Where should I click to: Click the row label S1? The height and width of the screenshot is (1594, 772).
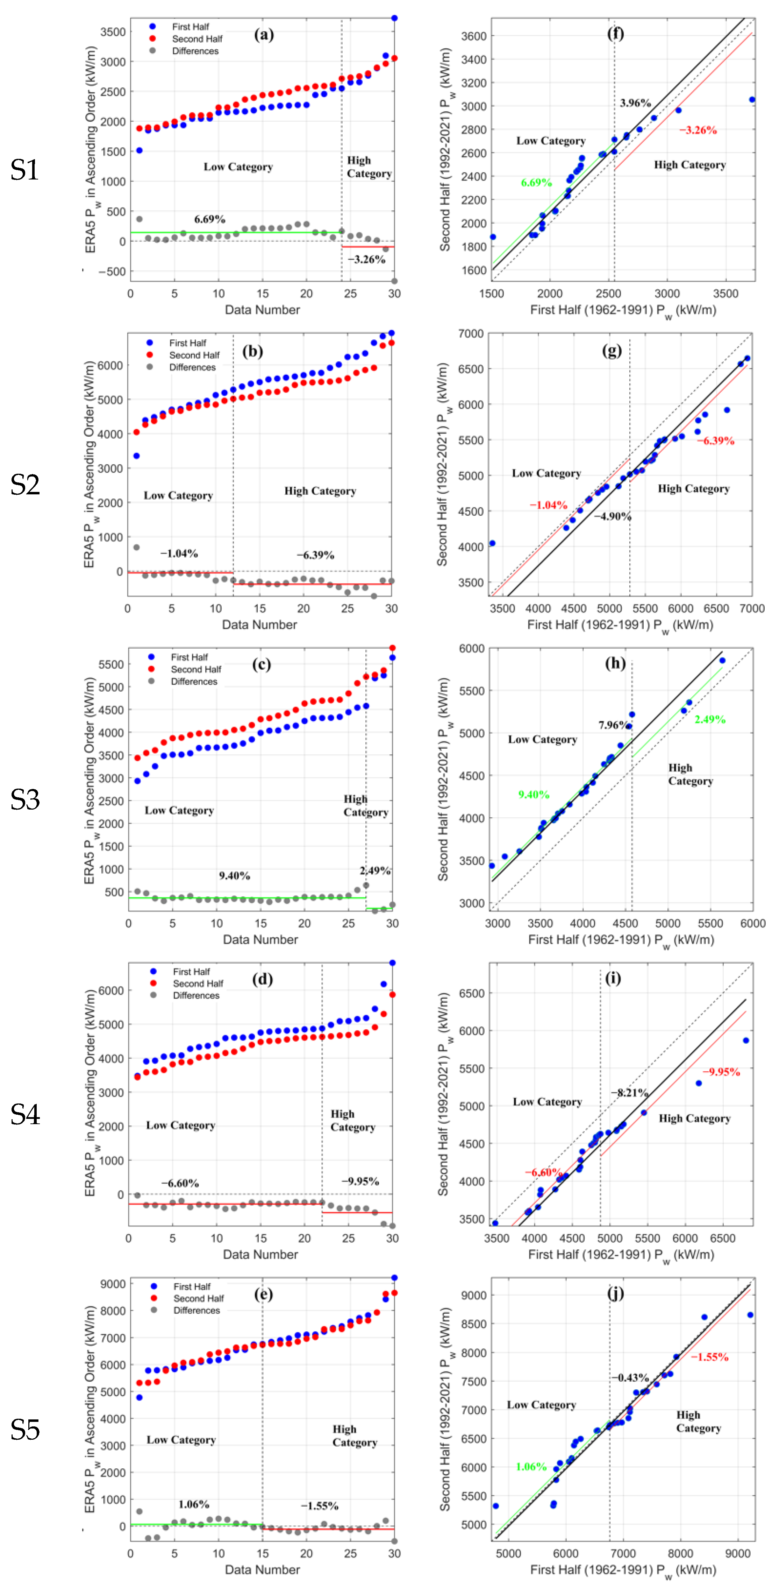tap(25, 170)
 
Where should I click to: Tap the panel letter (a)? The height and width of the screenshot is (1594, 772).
tap(264, 35)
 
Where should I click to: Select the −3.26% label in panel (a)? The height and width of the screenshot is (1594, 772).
tap(366, 259)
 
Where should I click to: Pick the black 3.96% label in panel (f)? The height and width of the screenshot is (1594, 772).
tap(635, 103)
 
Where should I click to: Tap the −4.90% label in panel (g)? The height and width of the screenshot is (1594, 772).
tap(613, 516)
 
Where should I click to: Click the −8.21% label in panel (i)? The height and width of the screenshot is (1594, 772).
tap(630, 1092)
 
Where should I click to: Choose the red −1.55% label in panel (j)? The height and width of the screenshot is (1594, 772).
tap(709, 1357)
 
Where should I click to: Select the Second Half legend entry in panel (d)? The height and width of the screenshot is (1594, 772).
tap(198, 984)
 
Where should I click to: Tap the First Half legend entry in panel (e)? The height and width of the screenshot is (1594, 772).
tap(192, 1286)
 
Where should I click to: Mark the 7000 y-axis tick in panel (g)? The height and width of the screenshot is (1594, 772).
tap(471, 333)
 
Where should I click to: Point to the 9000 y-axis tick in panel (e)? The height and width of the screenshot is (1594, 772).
tap(113, 1284)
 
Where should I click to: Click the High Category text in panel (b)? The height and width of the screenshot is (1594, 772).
tap(320, 491)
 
